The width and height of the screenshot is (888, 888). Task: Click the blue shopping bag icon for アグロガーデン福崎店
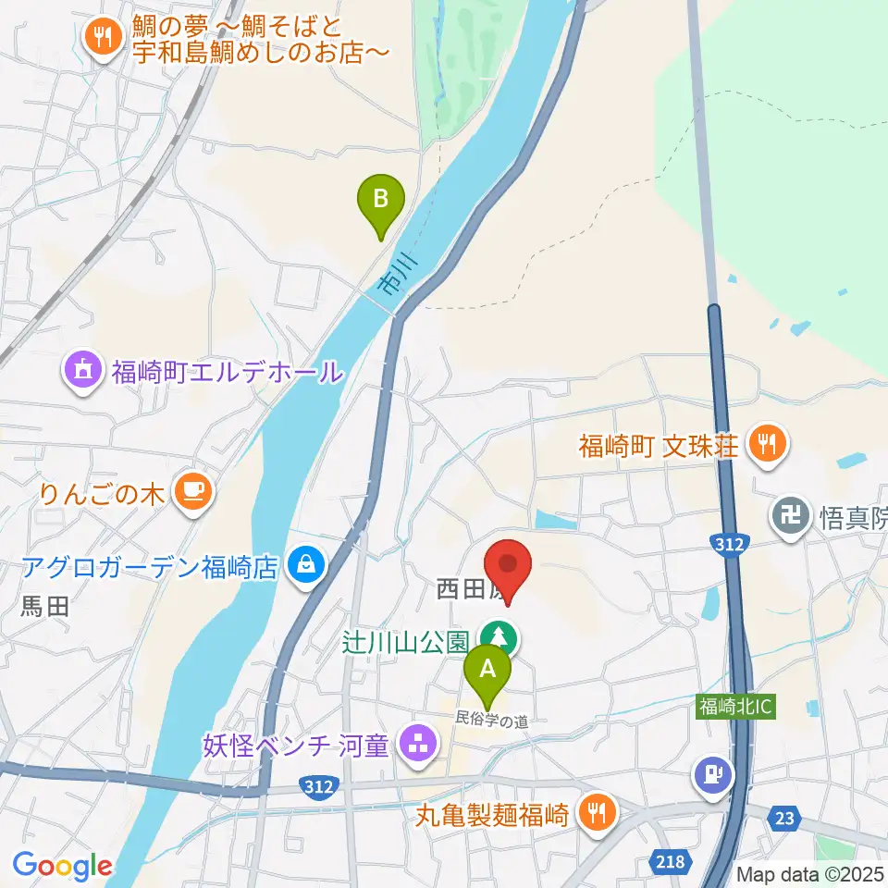[x=305, y=564]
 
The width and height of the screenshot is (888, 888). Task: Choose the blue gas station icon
[x=712, y=771]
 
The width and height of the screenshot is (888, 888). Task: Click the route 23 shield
[x=786, y=817]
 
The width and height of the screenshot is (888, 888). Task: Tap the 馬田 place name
[x=44, y=607]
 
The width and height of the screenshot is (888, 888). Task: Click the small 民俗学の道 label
[x=490, y=717]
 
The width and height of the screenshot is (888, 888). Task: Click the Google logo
[x=62, y=867]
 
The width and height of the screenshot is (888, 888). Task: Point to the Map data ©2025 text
[x=810, y=873]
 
